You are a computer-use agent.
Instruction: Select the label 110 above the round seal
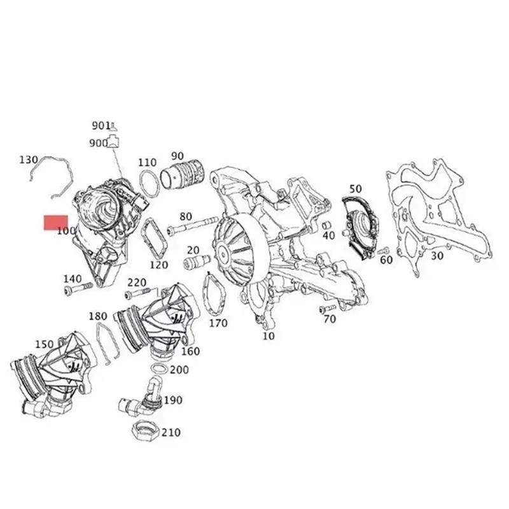coord(147,162)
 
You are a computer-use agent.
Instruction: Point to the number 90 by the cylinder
coord(177,156)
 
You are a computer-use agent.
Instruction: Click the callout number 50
coord(355,188)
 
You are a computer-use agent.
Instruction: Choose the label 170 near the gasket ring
coord(218,323)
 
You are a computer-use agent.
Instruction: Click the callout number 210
coord(171,433)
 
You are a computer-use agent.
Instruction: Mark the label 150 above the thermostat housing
coord(45,344)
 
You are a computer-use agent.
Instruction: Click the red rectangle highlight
coord(56,223)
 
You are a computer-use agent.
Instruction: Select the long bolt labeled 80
coord(189,227)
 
